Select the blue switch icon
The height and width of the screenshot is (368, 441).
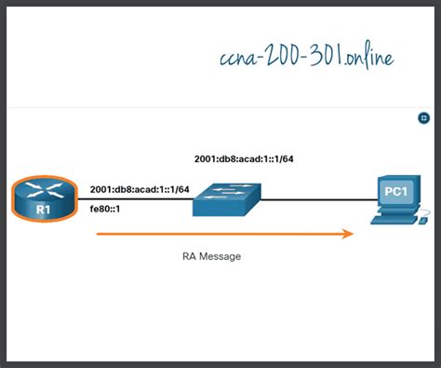[x=227, y=198]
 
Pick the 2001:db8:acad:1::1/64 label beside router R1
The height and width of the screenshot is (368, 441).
[x=140, y=189]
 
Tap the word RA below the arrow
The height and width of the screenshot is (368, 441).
[x=191, y=254]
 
